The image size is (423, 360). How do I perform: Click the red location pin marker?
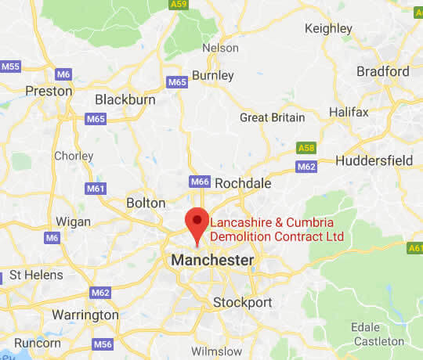click(x=196, y=221)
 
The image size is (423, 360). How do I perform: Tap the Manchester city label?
click(x=211, y=260)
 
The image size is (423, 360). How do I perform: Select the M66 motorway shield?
click(x=200, y=182)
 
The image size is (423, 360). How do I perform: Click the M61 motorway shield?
click(x=96, y=189)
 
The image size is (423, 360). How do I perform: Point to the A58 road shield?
click(x=306, y=148)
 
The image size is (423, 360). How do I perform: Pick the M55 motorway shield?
click(x=11, y=67)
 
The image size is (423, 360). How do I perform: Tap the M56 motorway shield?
click(x=102, y=344)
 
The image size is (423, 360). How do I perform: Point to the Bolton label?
click(x=146, y=203)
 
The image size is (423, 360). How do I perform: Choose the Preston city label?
click(x=49, y=91)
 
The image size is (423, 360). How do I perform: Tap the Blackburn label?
click(x=126, y=99)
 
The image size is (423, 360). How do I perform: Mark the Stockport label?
click(x=244, y=302)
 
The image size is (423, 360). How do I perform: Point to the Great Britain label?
click(x=272, y=117)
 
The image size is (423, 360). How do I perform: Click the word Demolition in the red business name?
click(x=244, y=236)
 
